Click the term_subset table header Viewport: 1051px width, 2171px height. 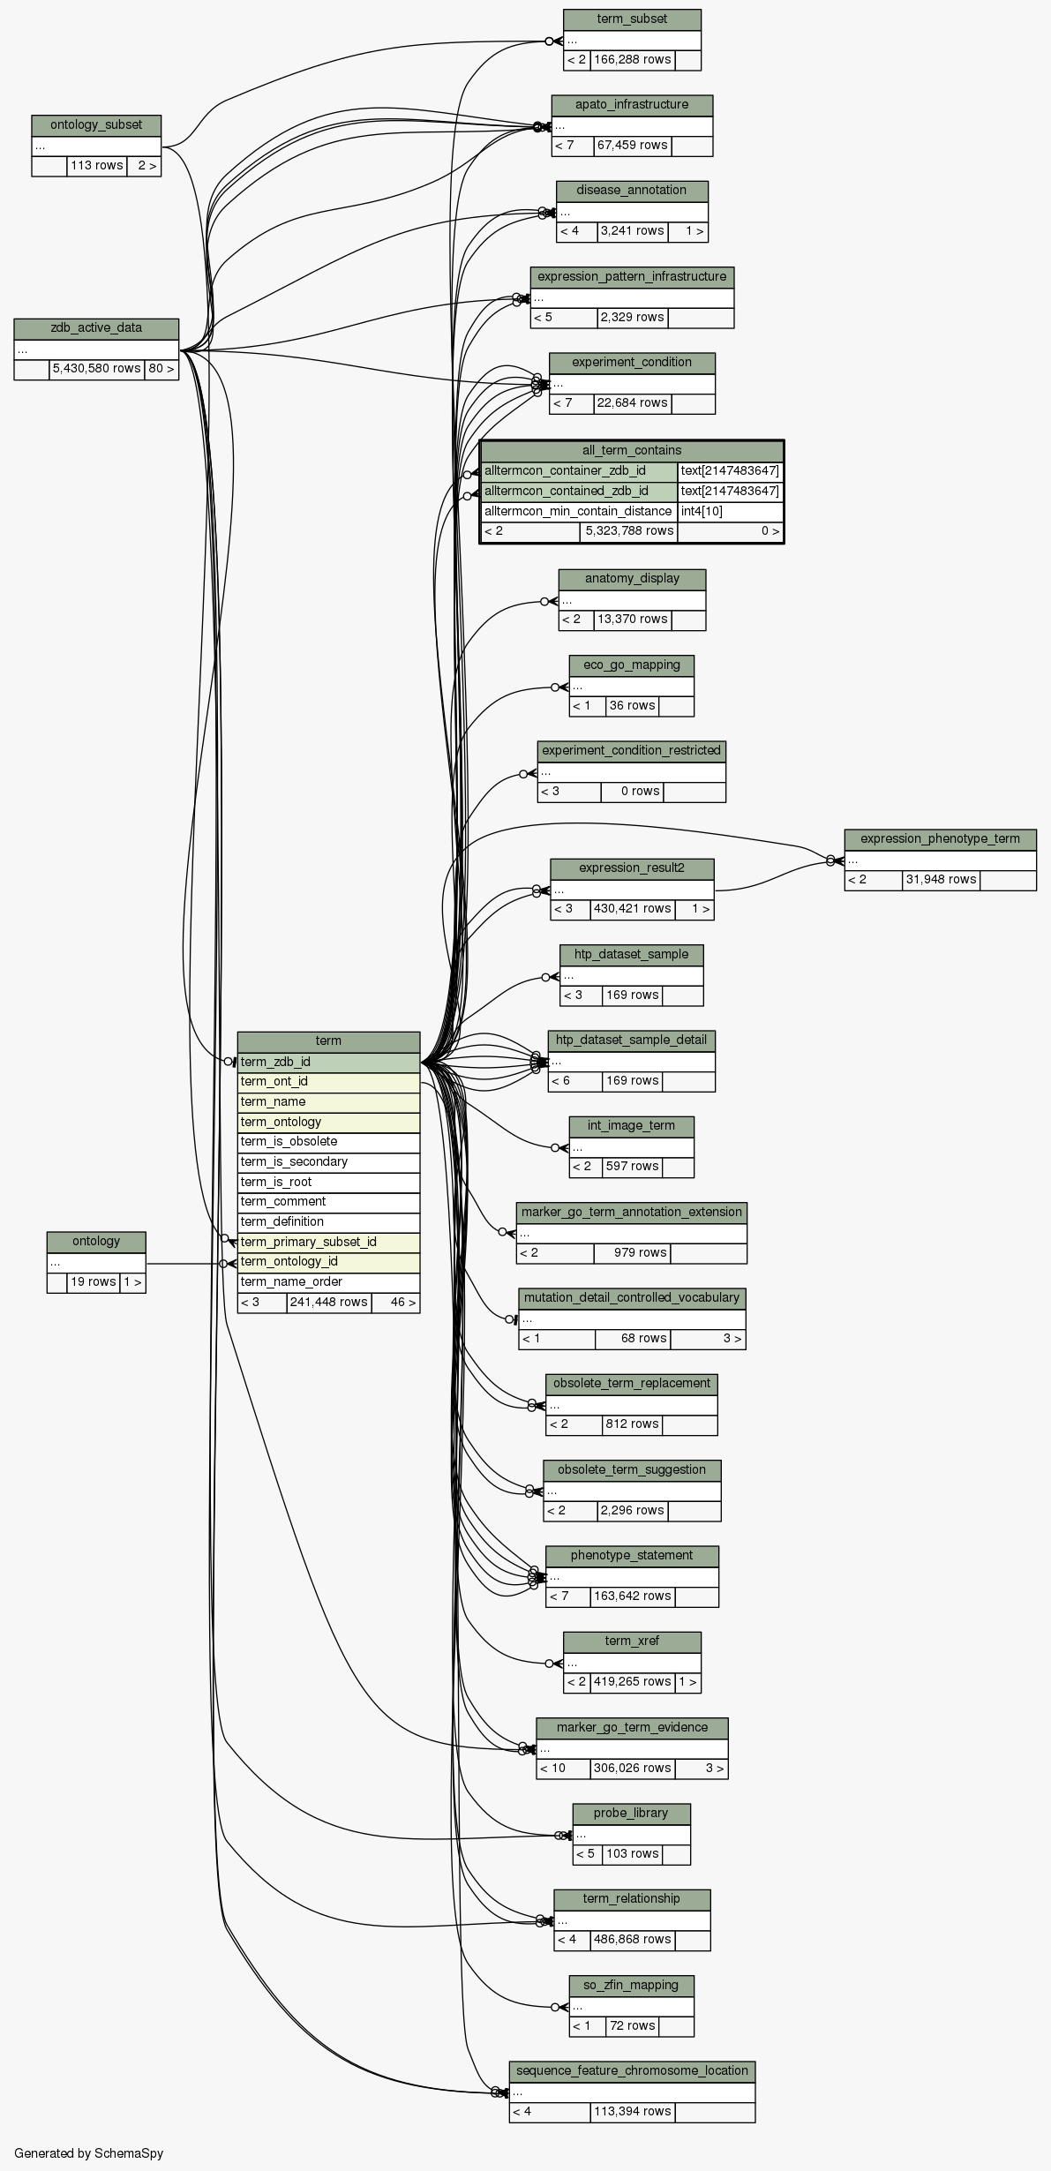coord(632,19)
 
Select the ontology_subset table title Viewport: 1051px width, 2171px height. coord(96,125)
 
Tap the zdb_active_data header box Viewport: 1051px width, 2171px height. coord(96,328)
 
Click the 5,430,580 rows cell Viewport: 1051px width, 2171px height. coord(96,369)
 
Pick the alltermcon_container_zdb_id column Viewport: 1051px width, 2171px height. coord(579,471)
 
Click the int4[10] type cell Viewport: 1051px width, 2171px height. coord(730,512)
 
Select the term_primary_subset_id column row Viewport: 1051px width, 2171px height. coord(328,1243)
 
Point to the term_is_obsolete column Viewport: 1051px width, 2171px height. coord(328,1142)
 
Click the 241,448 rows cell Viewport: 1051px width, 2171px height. coord(328,1303)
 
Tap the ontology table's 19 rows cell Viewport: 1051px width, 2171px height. coord(93,1282)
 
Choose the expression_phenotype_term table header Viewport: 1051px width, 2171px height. coord(940,839)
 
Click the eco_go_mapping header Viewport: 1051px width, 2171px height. coord(632,665)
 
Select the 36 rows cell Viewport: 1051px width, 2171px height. coord(632,706)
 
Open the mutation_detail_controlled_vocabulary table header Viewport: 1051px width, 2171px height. coord(632,1298)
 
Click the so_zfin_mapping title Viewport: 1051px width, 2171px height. coord(632,1986)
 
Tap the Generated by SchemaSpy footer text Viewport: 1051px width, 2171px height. coord(88,2153)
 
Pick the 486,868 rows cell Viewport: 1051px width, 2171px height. coord(632,1940)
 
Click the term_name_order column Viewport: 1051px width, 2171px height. coord(328,1282)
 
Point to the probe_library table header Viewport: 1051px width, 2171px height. coord(632,1814)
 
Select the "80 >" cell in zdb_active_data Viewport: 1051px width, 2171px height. coord(161,369)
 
